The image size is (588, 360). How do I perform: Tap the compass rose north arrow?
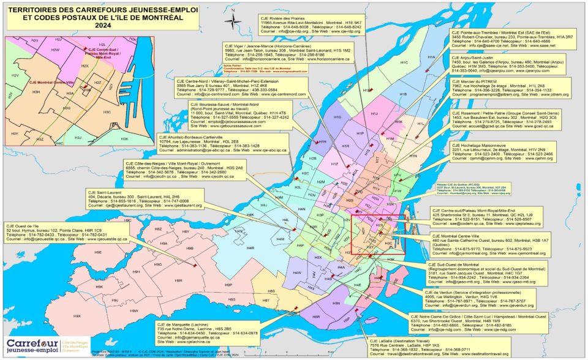(233, 21)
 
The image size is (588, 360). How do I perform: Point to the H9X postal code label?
(77, 315)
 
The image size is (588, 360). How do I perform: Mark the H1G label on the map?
(337, 116)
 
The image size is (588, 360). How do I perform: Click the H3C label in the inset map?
(107, 113)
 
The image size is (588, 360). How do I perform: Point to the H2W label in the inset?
(55, 50)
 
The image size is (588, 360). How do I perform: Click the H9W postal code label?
(134, 311)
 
